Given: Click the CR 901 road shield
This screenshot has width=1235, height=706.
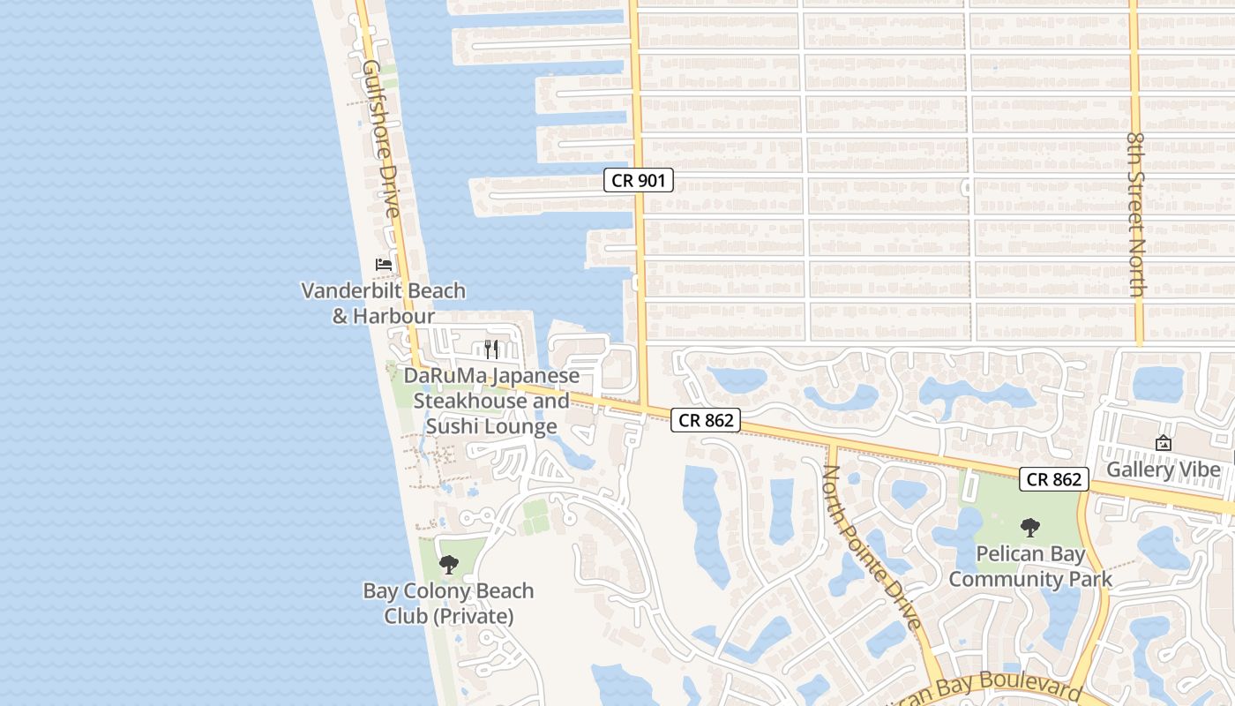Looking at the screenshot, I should (639, 181).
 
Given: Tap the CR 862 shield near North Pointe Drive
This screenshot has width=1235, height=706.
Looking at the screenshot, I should (706, 421).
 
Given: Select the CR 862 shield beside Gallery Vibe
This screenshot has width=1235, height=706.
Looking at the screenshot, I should (1054, 479).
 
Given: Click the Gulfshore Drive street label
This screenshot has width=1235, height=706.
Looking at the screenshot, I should (380, 139).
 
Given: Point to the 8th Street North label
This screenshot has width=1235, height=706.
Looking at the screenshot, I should (1137, 214).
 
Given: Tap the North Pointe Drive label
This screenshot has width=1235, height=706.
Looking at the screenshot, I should (872, 547).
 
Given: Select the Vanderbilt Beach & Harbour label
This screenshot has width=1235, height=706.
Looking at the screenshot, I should (384, 303).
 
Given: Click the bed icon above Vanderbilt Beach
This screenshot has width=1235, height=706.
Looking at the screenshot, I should (383, 264).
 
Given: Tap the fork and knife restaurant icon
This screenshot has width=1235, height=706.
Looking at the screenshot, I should (491, 349).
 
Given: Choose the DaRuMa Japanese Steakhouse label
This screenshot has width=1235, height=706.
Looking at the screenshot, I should (491, 402).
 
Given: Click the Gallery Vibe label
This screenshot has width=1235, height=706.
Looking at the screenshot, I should (1164, 469).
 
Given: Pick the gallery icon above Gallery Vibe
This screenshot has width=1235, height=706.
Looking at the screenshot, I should (1164, 443).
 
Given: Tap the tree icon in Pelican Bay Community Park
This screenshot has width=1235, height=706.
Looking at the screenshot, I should (1029, 528).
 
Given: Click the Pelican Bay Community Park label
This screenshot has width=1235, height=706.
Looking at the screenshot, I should (1030, 567).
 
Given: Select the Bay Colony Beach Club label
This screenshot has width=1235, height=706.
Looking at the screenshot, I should (449, 603).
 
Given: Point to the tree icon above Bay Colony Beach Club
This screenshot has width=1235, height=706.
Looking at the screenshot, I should (449, 564).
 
